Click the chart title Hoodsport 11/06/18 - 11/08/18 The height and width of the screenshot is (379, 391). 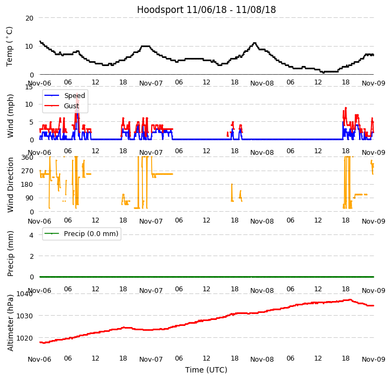tap(206, 10)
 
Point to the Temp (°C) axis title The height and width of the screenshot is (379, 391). tap(10, 46)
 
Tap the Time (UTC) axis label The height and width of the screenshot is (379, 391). tap(206, 370)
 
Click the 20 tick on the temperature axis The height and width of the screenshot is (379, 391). tap(29, 18)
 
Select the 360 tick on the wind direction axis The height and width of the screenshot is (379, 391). tap(27, 158)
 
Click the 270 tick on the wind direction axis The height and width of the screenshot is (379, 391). tap(27, 171)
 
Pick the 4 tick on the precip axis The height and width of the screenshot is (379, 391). tap(31, 235)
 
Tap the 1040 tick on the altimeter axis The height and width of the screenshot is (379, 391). tap(25, 294)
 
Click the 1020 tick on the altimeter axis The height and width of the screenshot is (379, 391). tap(25, 338)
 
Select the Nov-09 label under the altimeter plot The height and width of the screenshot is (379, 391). tap(373, 359)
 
